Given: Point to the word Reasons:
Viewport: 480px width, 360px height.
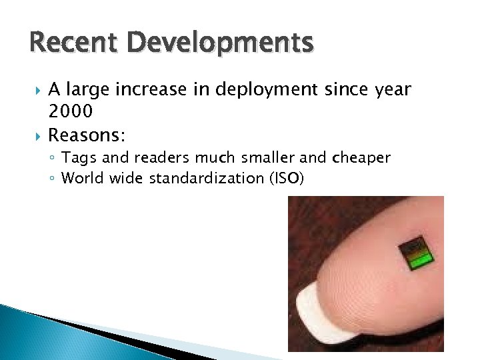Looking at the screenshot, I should [x=87, y=135].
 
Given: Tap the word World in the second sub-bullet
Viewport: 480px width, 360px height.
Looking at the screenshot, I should [x=81, y=178].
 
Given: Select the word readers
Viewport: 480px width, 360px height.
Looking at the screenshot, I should [x=167, y=158].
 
